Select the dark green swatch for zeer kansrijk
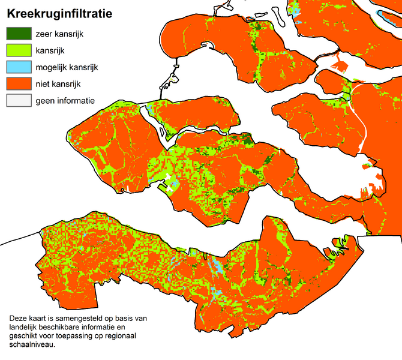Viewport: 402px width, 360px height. (17, 34)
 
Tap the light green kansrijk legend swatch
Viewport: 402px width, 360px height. (17, 51)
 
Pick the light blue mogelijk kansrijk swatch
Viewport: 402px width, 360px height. (17, 68)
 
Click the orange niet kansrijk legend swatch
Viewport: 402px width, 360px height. (17, 85)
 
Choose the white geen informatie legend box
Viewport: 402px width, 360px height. (17, 101)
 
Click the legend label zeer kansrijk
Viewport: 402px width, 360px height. (59, 34)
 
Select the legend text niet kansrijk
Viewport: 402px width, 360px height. (58, 85)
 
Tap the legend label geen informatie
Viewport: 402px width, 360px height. (65, 101)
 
